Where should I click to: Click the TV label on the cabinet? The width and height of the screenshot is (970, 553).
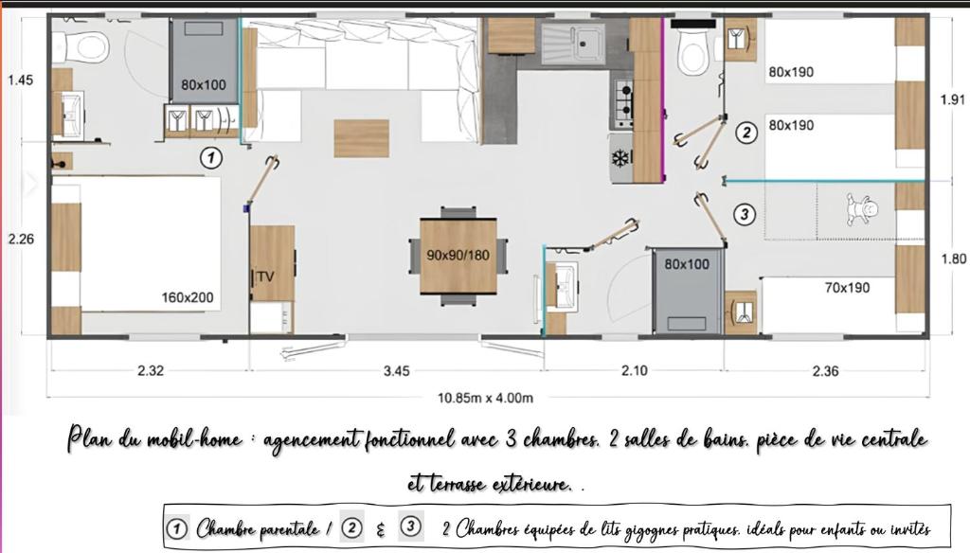(265, 276)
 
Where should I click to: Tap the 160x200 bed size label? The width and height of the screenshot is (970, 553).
(188, 297)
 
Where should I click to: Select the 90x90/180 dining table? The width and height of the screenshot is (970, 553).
(458, 256)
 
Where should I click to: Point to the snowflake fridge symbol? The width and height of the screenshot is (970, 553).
(620, 159)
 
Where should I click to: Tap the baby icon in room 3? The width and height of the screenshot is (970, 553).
(861, 209)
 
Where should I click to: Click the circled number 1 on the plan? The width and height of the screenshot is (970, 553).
(211, 158)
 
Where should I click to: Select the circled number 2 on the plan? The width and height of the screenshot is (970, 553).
(746, 133)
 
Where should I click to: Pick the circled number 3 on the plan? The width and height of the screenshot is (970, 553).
(745, 215)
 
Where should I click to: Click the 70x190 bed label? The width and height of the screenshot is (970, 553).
(847, 288)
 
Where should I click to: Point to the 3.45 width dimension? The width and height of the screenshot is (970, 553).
(397, 371)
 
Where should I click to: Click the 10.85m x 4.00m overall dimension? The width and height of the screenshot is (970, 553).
(485, 398)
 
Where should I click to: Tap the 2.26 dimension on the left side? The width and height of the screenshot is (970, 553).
(21, 239)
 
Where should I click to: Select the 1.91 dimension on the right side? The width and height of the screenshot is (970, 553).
(953, 99)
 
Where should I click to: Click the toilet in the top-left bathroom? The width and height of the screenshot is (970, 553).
(81, 47)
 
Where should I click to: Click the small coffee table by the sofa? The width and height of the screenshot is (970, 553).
(361, 138)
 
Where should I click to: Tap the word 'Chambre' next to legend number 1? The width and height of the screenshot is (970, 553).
(226, 529)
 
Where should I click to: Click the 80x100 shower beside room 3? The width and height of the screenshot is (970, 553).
(688, 291)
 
